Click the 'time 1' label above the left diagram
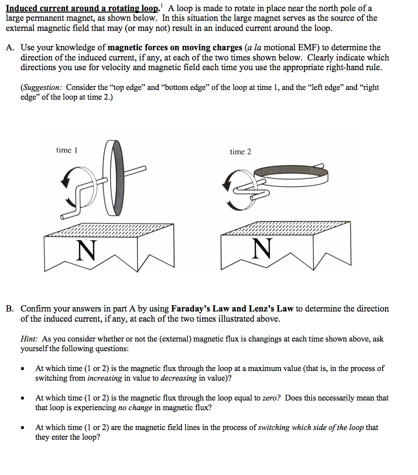click(66, 150)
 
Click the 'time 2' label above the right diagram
click(240, 152)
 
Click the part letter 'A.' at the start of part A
click(11, 48)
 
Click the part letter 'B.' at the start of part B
click(11, 309)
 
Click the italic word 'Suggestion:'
click(42, 88)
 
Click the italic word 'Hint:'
click(29, 339)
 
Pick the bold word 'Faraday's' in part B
click(190, 309)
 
